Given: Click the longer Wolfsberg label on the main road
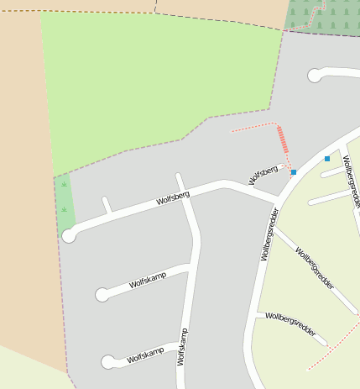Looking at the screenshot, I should [173, 199].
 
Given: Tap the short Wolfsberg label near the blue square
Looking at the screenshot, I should [263, 175].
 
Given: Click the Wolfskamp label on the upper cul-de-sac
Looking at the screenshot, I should [148, 280].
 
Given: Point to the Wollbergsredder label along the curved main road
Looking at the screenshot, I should [269, 234].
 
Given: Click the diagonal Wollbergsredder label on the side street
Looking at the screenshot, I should [315, 268].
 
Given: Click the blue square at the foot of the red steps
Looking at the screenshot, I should [294, 172].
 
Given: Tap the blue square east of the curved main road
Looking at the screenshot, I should [327, 158].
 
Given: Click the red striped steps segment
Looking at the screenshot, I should [283, 139].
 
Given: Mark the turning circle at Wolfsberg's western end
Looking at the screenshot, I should [69, 236].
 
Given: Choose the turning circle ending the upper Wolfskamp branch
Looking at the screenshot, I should [102, 294].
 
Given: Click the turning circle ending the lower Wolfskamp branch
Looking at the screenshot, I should [107, 362].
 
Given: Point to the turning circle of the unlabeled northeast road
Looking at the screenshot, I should [315, 76].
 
